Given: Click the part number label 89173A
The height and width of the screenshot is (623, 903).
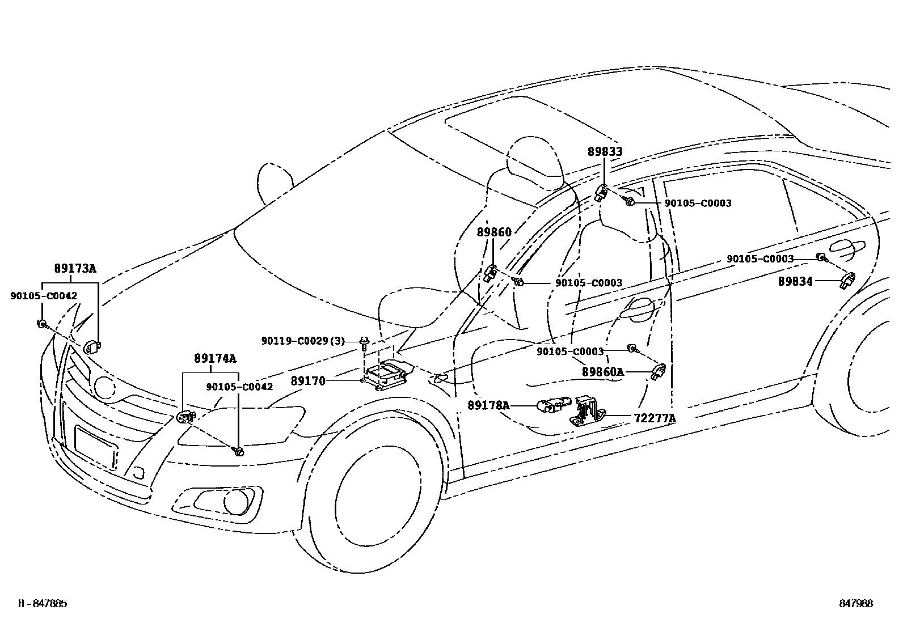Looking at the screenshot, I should point(75,269).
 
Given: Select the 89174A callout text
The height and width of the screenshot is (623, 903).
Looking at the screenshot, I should point(214,359).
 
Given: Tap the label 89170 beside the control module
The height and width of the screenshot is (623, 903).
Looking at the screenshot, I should point(308,382).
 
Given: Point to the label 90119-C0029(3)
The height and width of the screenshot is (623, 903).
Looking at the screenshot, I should point(303,341).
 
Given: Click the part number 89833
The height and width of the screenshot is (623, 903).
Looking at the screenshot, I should point(605,152).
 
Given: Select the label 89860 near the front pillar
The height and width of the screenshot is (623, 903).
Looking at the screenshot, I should point(493,232).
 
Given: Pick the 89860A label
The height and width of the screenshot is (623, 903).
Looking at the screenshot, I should point(602,372).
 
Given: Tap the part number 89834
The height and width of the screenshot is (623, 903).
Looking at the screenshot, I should point(795,282).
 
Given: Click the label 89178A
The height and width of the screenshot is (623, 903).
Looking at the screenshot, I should point(488,406).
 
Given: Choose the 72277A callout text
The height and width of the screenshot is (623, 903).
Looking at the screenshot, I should point(655,419).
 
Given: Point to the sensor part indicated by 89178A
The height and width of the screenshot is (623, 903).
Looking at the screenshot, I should point(553,405).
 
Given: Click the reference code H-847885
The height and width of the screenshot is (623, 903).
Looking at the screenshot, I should point(43,604).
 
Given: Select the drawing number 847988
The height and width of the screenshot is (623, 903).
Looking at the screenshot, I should point(856,604).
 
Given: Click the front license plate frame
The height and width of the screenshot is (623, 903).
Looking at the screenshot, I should point(96,447).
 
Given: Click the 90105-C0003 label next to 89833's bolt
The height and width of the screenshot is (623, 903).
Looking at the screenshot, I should point(698,204).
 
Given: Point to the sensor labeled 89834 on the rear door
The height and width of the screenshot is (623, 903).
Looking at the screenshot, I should point(847,279).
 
